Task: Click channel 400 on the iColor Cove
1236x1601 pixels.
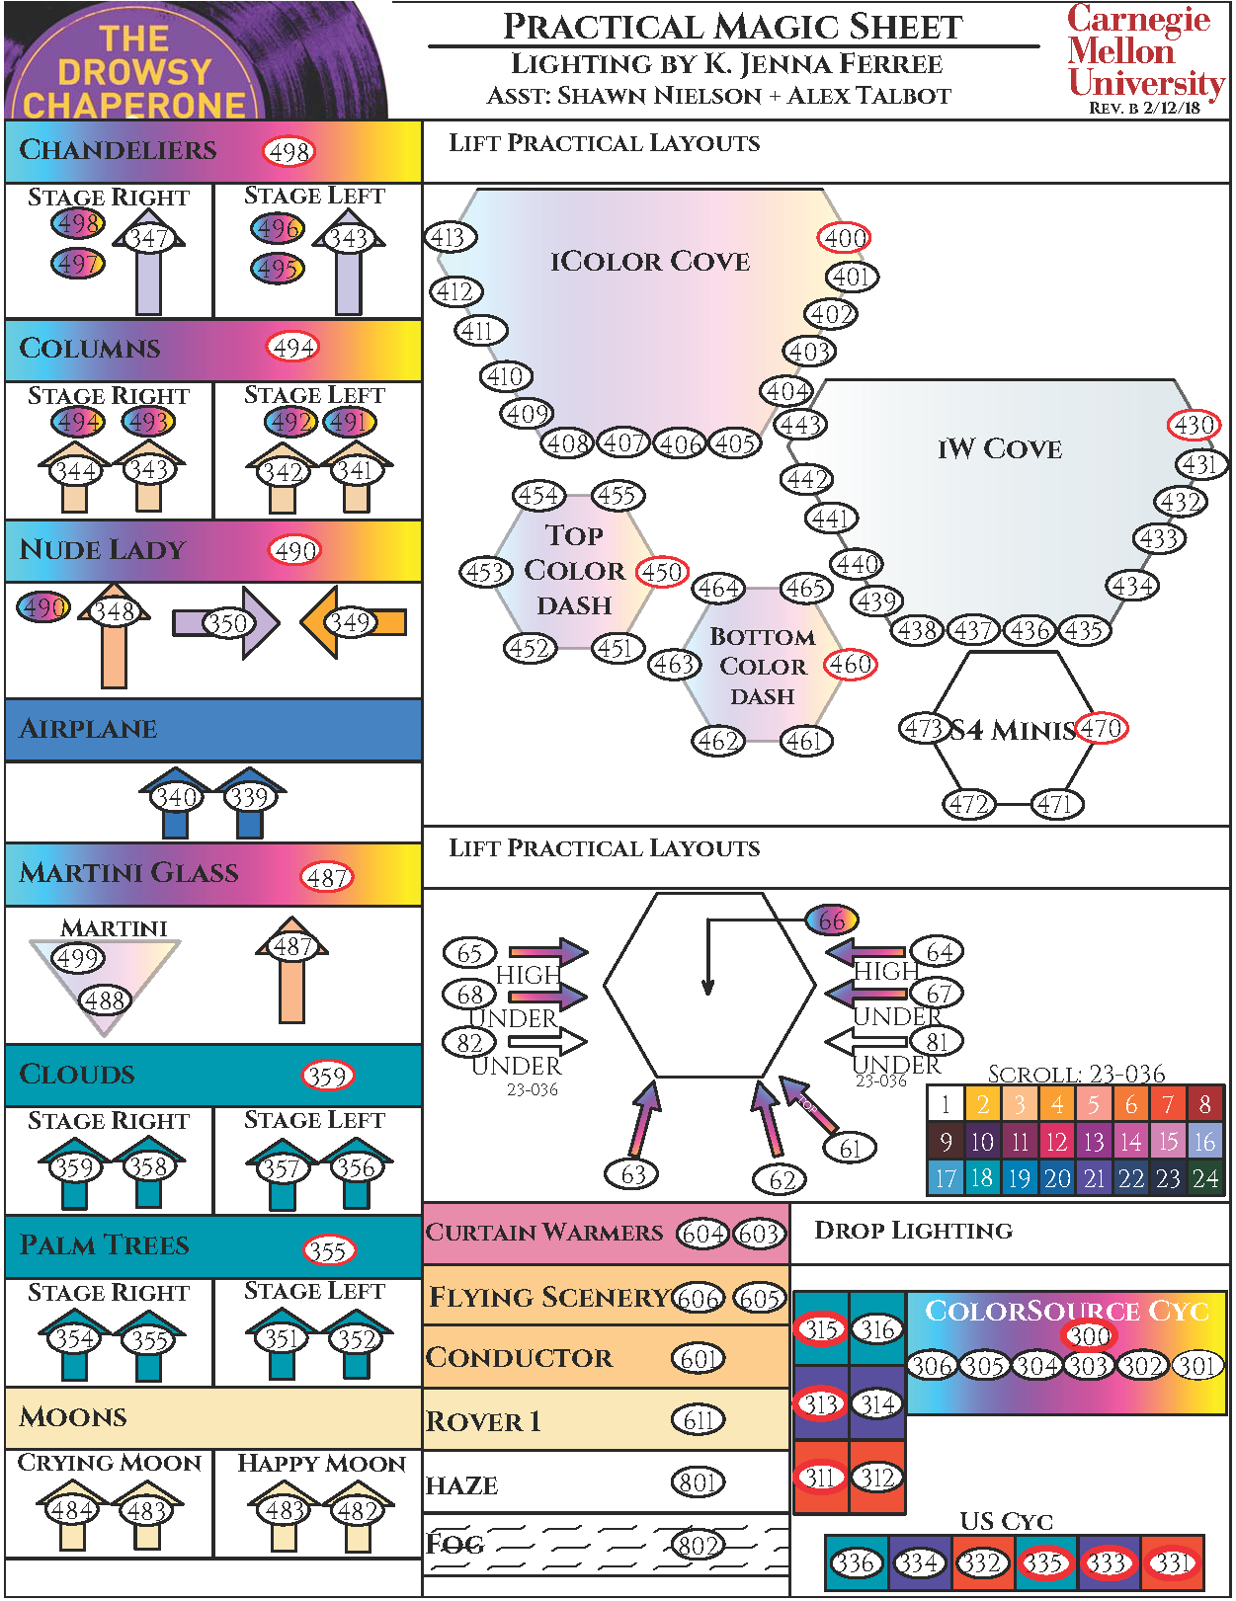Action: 845,238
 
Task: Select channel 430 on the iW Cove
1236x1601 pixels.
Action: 1195,425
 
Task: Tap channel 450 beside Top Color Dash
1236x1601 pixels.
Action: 661,572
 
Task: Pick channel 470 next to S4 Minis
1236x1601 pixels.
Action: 1101,729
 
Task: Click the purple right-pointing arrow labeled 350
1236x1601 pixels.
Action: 226,623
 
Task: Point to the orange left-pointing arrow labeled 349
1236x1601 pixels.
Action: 353,622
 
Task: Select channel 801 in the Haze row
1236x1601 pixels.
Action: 699,1482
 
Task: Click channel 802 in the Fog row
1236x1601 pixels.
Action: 698,1545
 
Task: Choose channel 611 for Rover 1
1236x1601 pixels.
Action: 699,1420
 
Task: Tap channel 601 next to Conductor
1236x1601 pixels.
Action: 699,1359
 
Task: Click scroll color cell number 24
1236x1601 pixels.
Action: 1205,1178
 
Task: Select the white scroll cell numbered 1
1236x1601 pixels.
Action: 946,1104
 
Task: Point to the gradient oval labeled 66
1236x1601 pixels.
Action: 832,921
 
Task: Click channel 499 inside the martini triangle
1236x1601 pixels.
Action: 78,958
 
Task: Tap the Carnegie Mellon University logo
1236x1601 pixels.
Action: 1145,51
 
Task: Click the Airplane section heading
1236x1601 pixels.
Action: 88,729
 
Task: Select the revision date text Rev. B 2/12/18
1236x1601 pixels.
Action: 1144,108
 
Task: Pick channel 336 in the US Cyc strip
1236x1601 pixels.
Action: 855,1562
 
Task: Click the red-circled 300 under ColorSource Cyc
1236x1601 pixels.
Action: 1089,1335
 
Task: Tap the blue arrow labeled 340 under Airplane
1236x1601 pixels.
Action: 175,797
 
